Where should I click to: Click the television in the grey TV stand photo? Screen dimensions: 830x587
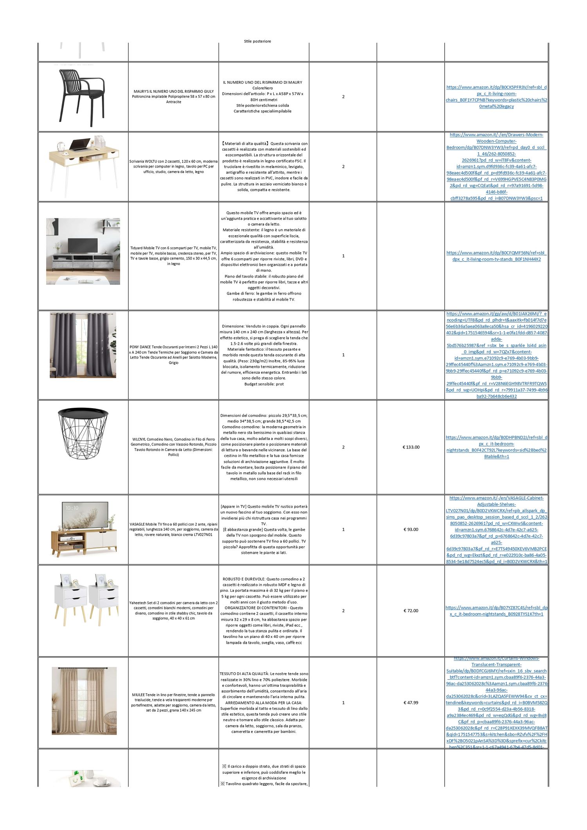point(83,245)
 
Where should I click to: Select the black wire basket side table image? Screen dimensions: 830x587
point(83,433)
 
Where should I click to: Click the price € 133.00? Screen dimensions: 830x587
point(411,447)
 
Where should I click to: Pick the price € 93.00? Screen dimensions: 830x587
point(411,529)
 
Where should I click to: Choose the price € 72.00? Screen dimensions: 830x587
point(411,610)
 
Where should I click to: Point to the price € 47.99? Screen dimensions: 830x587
point(411,702)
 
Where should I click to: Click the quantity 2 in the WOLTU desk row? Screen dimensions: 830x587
point(343,167)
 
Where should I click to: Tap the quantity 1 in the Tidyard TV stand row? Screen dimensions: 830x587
point(343,256)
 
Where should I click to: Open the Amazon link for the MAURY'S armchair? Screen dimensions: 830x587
point(496,97)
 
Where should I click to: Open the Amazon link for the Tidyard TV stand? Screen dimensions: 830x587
point(496,256)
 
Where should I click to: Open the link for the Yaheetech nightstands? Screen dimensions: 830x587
point(496,610)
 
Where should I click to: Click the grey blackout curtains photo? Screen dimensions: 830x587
point(83,345)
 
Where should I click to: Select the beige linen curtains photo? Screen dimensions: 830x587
point(84,700)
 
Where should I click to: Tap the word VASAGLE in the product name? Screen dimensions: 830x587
point(137,524)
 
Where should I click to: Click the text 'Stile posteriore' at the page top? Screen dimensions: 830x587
point(257,41)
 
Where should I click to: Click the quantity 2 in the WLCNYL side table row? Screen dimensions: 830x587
point(343,447)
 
